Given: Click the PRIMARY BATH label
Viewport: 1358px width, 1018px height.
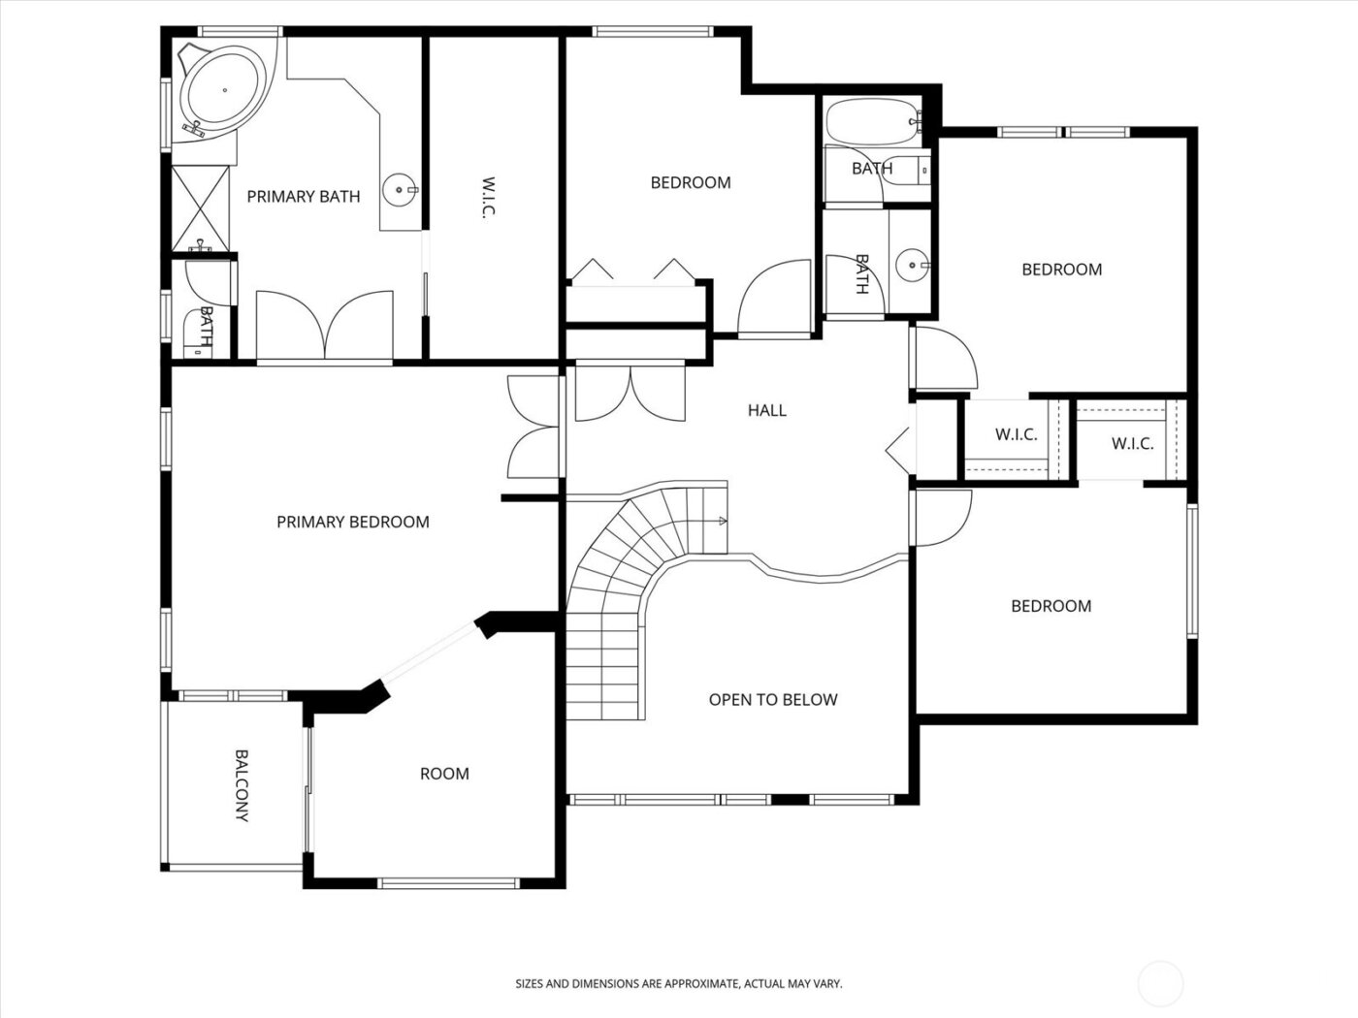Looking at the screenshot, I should point(303,197).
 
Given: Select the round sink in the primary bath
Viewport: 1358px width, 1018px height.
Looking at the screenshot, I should point(399,189).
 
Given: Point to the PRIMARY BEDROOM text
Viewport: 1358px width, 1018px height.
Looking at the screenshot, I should point(352,523).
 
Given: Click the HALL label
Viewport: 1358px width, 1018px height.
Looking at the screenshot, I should point(766,411).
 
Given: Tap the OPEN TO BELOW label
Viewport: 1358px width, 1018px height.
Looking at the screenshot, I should point(772,700).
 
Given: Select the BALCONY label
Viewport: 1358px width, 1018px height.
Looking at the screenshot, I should point(242,785).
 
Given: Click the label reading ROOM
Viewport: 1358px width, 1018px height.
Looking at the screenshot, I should point(444,774).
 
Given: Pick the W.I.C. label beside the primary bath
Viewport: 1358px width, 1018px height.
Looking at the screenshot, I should point(489,198).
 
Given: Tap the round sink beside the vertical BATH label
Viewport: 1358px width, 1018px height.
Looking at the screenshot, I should point(910,263).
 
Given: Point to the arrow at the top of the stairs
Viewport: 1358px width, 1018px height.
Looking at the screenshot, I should point(722,522).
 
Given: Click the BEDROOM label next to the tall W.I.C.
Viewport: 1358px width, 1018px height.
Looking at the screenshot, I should point(690,182).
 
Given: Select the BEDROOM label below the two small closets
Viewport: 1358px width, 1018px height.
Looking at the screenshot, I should point(1051,606).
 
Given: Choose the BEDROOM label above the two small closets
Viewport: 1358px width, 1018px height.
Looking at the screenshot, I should point(1061,270).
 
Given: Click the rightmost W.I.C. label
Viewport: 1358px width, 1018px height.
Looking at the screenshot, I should point(1132,444).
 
